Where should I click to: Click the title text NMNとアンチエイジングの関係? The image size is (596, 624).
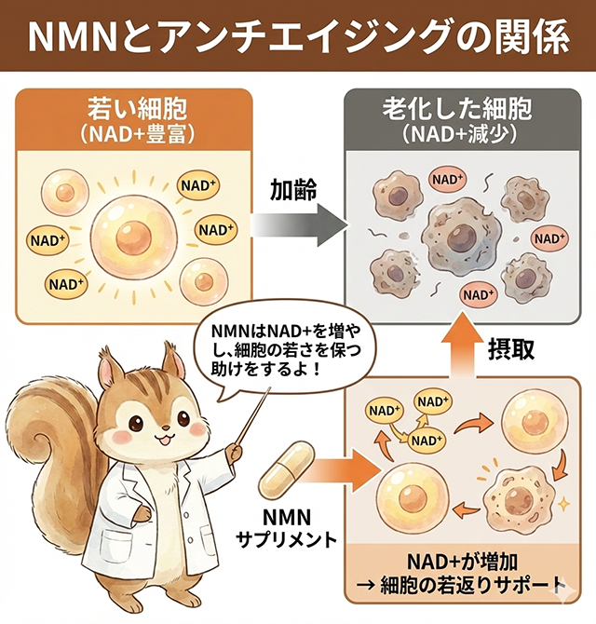[297, 36]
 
